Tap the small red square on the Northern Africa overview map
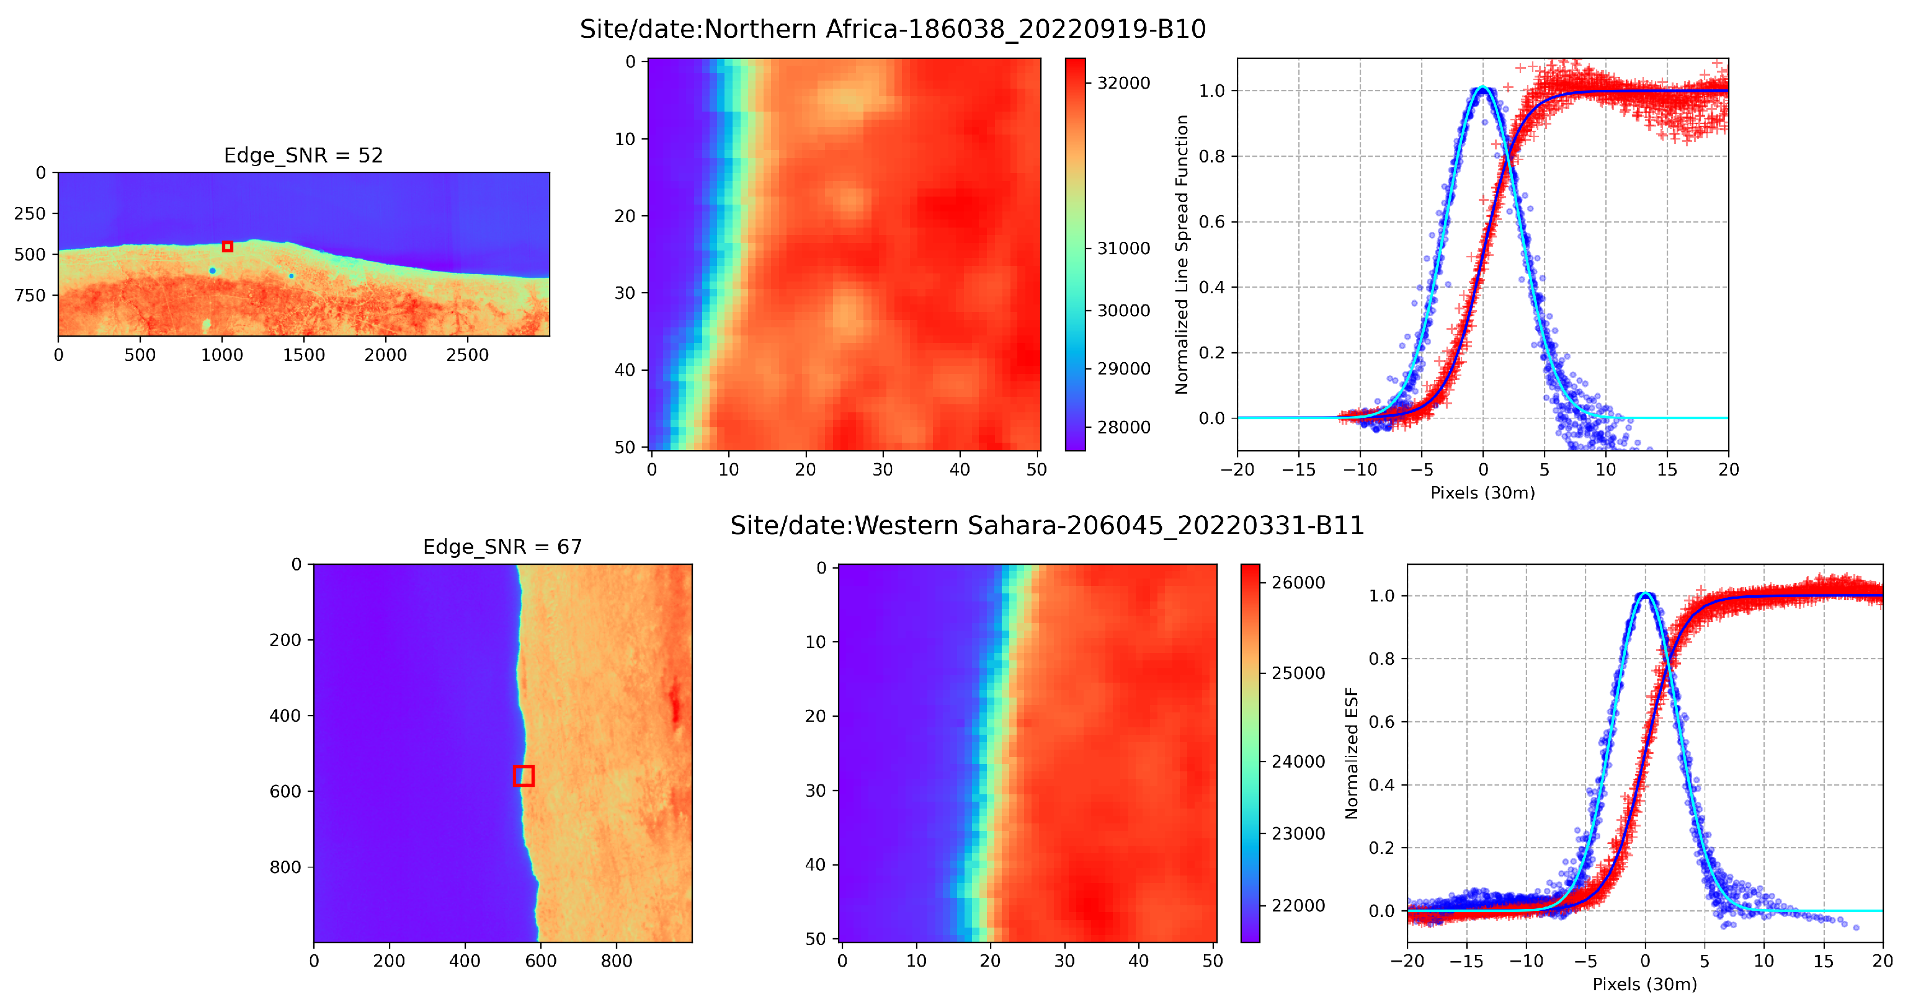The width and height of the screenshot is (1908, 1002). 228,247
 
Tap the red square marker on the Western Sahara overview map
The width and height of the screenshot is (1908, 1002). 524,776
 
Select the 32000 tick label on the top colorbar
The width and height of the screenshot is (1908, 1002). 1123,83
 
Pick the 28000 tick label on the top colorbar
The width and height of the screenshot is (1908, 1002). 1123,427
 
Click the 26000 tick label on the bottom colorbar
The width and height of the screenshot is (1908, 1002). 1298,583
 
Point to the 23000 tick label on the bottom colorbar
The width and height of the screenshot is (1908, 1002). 1298,833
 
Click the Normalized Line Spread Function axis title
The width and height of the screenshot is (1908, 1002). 1182,254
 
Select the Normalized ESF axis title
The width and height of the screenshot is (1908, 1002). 1351,753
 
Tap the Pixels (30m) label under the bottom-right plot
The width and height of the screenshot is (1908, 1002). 1644,984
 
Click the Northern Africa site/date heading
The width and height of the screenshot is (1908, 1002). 893,29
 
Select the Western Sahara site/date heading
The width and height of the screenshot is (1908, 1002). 1046,525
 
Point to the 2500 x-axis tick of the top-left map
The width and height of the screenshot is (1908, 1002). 466,355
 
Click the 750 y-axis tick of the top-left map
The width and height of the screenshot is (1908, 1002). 30,296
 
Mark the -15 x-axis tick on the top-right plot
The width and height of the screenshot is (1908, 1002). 1298,469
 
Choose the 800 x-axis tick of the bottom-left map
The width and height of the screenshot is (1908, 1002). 616,961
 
